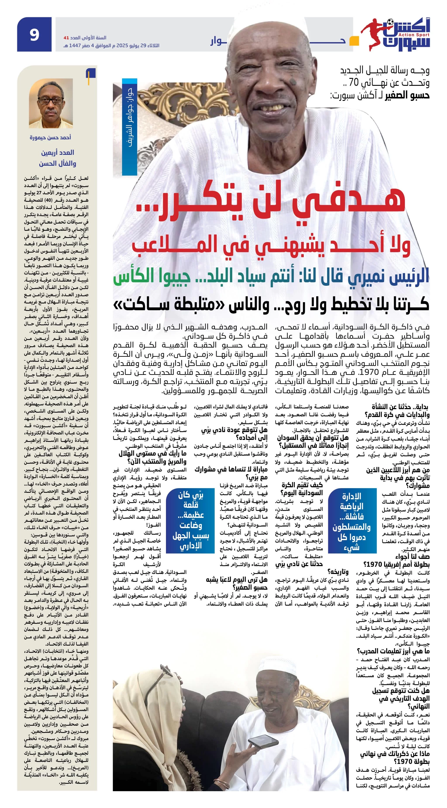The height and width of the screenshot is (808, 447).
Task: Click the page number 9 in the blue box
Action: coord(34,34)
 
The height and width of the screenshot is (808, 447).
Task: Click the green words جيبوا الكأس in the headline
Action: coord(151,276)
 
